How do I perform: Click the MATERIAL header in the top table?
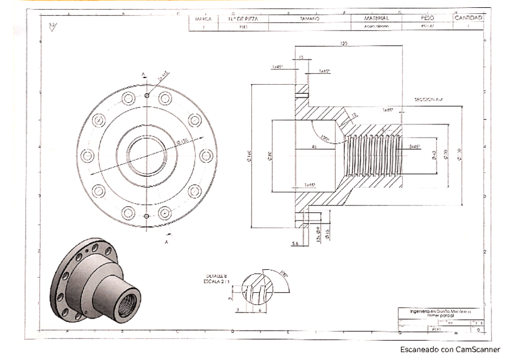376,19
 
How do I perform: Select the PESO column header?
428,19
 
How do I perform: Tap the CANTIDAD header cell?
469,18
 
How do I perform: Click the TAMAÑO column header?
309,19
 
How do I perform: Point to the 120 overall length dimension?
344,44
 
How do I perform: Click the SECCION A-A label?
428,99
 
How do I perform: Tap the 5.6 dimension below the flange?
295,244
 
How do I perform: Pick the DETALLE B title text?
217,275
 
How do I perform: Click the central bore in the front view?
146,154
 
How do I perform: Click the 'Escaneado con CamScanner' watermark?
449,349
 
